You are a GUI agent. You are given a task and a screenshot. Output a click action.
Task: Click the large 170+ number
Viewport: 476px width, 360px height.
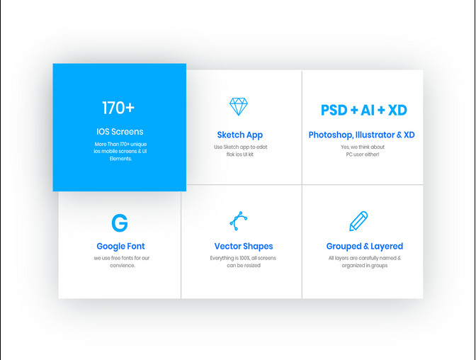click(118, 108)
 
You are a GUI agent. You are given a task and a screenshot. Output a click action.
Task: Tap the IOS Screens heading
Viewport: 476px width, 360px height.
click(120, 132)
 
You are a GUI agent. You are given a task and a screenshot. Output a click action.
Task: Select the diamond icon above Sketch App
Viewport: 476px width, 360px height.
click(239, 106)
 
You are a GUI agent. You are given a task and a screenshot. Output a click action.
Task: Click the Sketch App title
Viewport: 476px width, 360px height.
click(240, 135)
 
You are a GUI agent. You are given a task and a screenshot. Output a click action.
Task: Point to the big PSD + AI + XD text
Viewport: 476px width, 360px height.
click(363, 110)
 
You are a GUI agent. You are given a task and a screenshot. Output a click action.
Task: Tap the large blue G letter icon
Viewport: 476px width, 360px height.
click(120, 223)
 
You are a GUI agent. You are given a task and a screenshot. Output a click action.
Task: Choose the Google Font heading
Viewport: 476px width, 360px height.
click(120, 247)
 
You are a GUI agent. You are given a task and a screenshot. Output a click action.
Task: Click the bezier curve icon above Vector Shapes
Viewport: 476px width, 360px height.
click(239, 221)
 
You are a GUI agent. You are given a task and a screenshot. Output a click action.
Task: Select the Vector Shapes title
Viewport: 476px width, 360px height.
click(244, 246)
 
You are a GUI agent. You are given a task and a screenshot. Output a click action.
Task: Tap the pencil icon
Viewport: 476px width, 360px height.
click(358, 221)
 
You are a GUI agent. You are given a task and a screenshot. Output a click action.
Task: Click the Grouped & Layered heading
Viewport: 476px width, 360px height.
click(365, 247)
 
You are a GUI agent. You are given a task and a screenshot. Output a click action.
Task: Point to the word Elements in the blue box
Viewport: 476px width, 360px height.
click(120, 159)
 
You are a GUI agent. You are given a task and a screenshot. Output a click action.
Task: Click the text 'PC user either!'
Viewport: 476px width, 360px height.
click(363, 154)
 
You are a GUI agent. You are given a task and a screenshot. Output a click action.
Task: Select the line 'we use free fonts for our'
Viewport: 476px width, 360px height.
click(122, 258)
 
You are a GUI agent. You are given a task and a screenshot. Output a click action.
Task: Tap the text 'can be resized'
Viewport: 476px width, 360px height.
click(244, 265)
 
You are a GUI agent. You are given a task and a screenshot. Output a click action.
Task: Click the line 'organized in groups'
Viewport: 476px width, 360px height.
click(365, 266)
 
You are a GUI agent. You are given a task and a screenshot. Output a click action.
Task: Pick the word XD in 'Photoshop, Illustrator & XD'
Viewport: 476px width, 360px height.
click(409, 135)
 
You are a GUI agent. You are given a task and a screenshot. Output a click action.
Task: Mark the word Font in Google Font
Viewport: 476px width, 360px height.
click(136, 246)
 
